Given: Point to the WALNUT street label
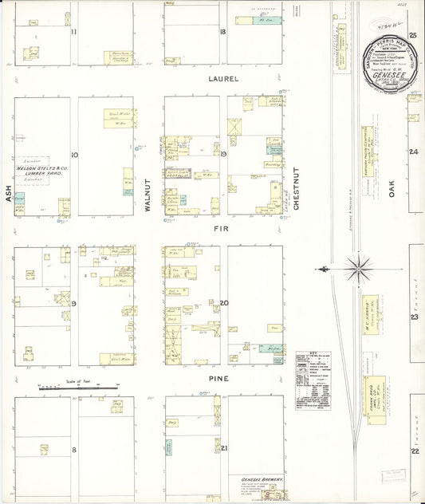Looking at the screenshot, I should [x=148, y=195].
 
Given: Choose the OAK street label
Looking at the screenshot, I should [x=392, y=190].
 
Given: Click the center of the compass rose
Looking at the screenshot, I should [x=360, y=269].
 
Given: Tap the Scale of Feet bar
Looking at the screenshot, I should [x=78, y=387].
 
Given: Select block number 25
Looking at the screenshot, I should [x=413, y=35].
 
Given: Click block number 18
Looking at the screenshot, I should [x=224, y=32].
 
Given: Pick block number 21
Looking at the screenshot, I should [x=225, y=448].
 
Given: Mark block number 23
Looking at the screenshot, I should [x=414, y=317].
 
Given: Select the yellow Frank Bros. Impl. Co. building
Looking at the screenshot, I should [x=372, y=396].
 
